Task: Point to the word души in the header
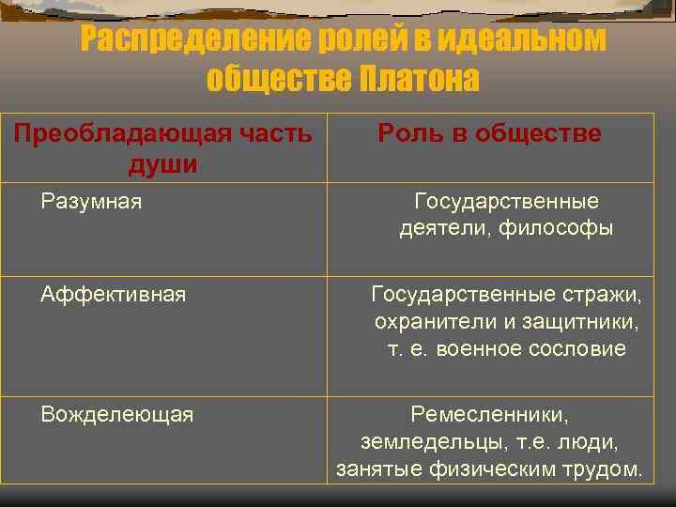(x=162, y=165)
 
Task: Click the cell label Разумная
(x=91, y=201)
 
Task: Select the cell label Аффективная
(x=114, y=295)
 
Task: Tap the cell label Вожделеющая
(x=117, y=414)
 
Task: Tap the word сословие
(x=577, y=349)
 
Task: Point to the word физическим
(x=493, y=469)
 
